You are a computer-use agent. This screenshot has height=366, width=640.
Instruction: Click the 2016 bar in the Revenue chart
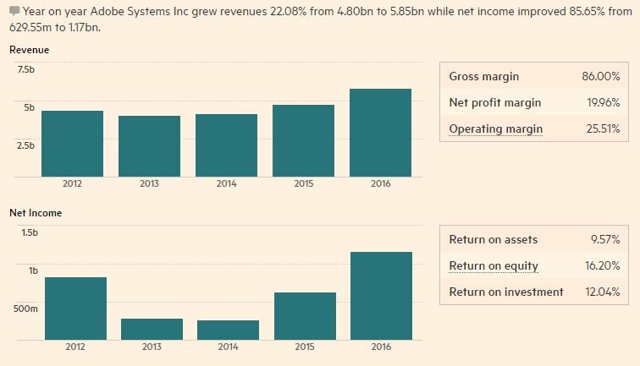[380, 133]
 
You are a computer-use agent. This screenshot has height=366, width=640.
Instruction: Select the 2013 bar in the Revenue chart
[150, 146]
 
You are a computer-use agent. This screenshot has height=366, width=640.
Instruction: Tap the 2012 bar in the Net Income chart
[75, 309]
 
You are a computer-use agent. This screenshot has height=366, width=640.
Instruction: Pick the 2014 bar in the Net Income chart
[228, 330]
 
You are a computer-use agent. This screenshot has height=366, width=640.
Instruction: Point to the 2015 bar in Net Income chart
[304, 316]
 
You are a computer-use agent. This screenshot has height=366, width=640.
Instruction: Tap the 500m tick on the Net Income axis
[26, 309]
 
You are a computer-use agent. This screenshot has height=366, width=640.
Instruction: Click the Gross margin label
[483, 77]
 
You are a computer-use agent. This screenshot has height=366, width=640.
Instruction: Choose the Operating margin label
[495, 129]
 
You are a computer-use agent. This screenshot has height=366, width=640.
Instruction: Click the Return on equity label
[493, 266]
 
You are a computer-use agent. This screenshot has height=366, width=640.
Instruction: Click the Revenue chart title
[29, 50]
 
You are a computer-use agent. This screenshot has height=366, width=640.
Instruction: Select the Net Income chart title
[36, 213]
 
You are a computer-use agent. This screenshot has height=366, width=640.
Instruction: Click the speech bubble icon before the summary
[14, 10]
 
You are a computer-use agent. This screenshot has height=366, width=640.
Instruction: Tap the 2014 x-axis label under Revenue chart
[226, 183]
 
